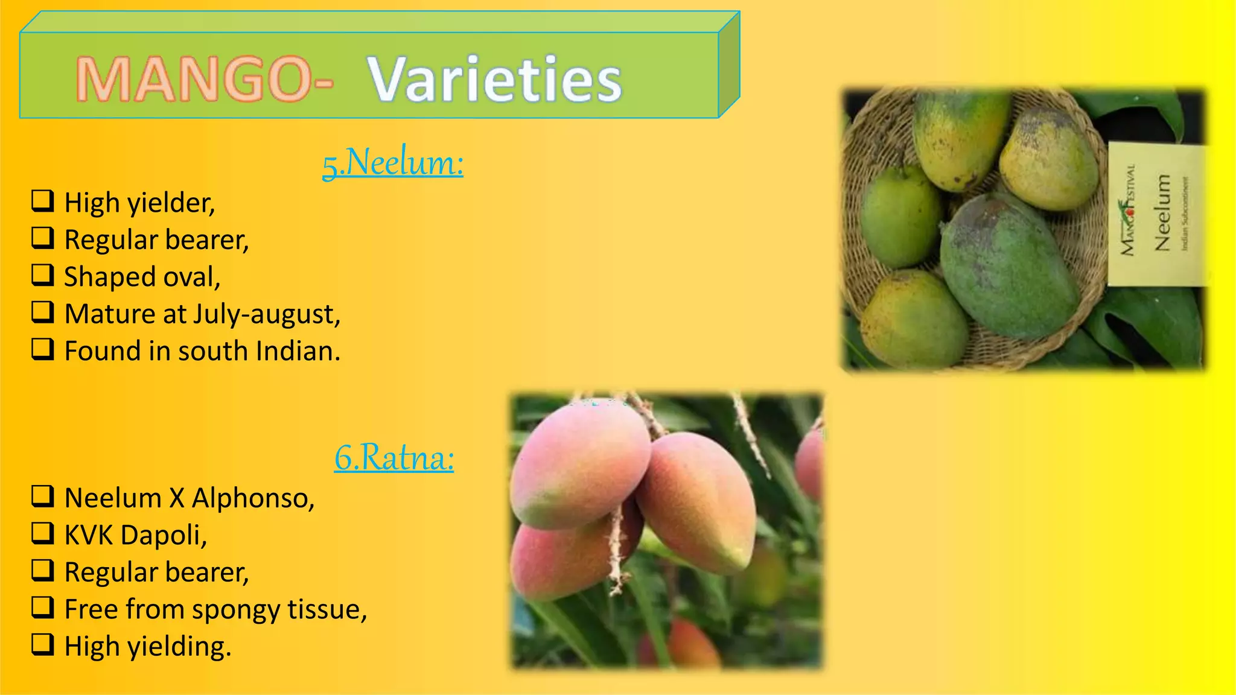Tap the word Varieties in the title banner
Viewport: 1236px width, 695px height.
494,80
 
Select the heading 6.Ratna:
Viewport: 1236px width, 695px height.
394,457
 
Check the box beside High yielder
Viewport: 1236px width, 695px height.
43,201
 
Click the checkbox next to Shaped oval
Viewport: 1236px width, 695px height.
43,275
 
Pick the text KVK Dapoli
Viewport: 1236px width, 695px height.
135,535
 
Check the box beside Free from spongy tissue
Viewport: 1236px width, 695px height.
43,608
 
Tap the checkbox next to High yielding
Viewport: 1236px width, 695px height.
43,644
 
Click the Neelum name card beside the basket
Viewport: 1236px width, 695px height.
1156,214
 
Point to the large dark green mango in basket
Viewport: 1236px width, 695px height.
1008,265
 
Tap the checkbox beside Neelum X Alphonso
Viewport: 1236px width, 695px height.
43,497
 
